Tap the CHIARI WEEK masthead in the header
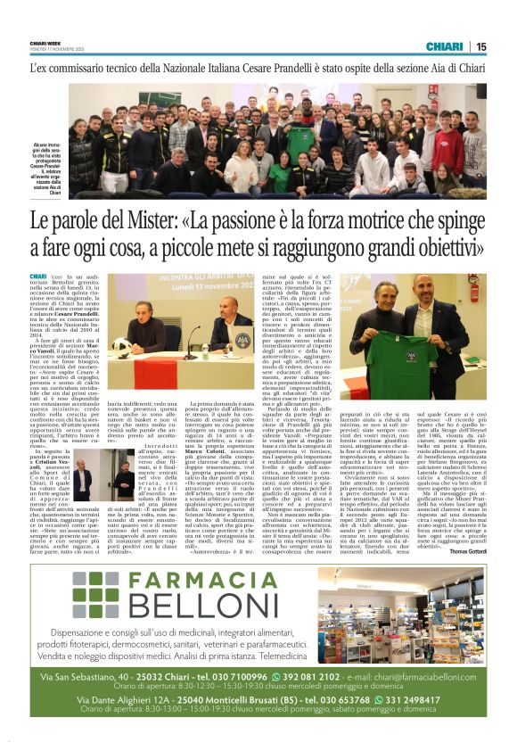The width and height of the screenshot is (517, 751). tap(45, 42)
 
